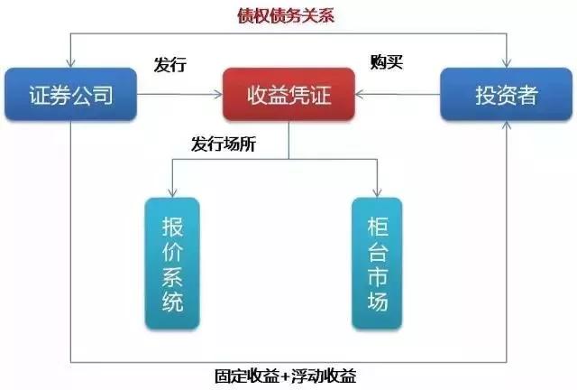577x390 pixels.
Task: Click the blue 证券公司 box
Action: coord(70,94)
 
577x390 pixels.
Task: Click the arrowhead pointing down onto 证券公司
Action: coord(70,62)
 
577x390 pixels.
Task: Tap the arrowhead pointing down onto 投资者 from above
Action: coord(504,62)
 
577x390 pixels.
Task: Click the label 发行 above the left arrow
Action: coord(169,65)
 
